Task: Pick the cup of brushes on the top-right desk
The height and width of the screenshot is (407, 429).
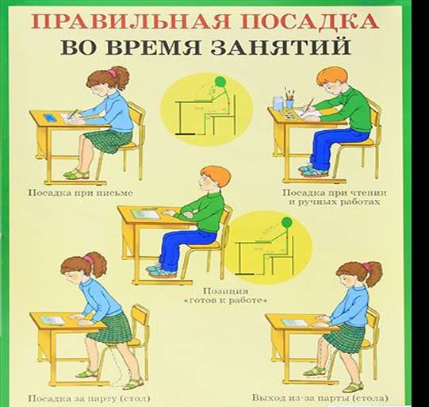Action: point(278,102)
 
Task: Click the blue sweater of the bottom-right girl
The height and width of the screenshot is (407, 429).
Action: point(353,306)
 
